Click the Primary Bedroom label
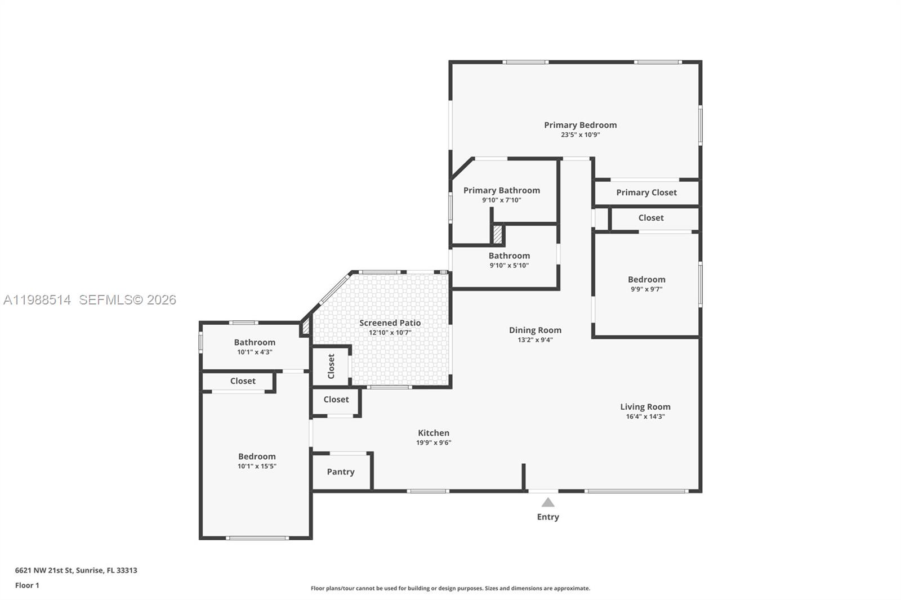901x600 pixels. pyautogui.click(x=580, y=125)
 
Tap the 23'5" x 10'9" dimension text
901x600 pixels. pyautogui.click(x=580, y=135)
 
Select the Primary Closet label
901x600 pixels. pyautogui.click(x=646, y=192)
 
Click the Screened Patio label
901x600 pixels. pyautogui.click(x=390, y=323)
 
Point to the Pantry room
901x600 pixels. pyautogui.click(x=341, y=472)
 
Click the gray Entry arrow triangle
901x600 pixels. pyautogui.click(x=548, y=503)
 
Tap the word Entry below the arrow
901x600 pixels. pyautogui.click(x=548, y=517)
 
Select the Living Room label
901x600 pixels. pyautogui.click(x=645, y=407)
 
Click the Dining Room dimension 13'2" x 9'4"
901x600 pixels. pyautogui.click(x=535, y=340)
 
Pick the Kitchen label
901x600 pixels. pyautogui.click(x=433, y=433)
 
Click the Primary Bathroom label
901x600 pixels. pyautogui.click(x=501, y=190)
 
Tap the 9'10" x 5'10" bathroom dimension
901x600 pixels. pyautogui.click(x=509, y=266)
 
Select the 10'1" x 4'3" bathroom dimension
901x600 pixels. pyautogui.click(x=255, y=352)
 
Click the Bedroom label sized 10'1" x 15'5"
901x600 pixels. pyautogui.click(x=257, y=456)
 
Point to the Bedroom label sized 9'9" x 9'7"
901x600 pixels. pyautogui.click(x=646, y=280)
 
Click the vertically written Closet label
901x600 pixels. pyautogui.click(x=331, y=366)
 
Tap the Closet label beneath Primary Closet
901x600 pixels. pyautogui.click(x=650, y=218)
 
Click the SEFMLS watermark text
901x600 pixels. pyautogui.click(x=127, y=300)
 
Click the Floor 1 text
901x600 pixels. pyautogui.click(x=27, y=585)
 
